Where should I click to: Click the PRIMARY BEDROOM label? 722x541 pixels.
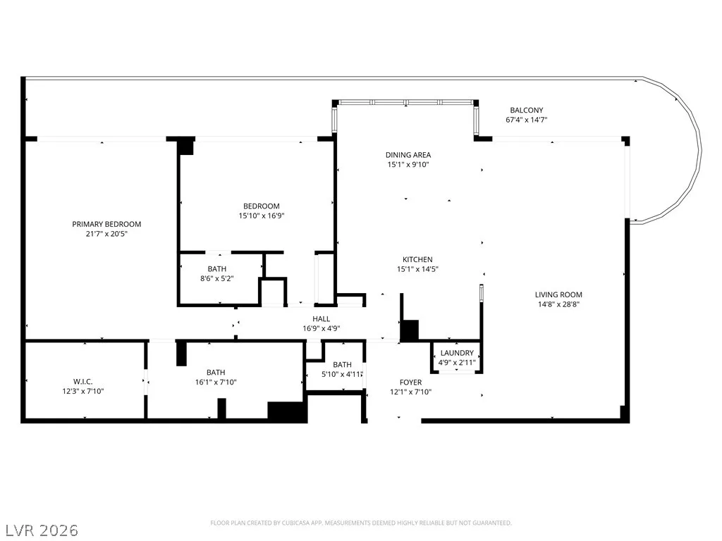click(106, 224)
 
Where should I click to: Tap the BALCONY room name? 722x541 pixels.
click(526, 110)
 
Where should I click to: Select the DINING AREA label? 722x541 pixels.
click(408, 155)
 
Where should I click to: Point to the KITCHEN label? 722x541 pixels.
click(417, 259)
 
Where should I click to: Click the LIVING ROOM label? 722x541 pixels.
click(558, 294)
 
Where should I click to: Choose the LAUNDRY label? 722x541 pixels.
click(457, 353)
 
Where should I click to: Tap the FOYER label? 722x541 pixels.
click(411, 383)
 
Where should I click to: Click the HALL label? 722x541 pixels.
click(321, 319)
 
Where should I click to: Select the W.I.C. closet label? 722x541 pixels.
click(83, 382)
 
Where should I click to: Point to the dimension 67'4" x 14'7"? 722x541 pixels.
click(526, 120)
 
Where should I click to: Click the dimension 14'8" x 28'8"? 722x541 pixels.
click(558, 304)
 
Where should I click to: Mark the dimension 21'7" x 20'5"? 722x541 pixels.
click(106, 234)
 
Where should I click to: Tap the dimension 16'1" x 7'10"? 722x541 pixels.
click(216, 382)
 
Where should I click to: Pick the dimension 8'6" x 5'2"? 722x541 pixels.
click(217, 278)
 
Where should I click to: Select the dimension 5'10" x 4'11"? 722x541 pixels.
click(342, 375)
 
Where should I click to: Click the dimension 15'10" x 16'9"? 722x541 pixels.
click(261, 216)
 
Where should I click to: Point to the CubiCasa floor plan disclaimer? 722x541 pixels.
click(361, 523)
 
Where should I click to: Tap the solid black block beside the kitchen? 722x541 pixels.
click(410, 331)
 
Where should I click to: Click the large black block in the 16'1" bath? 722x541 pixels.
click(288, 411)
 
